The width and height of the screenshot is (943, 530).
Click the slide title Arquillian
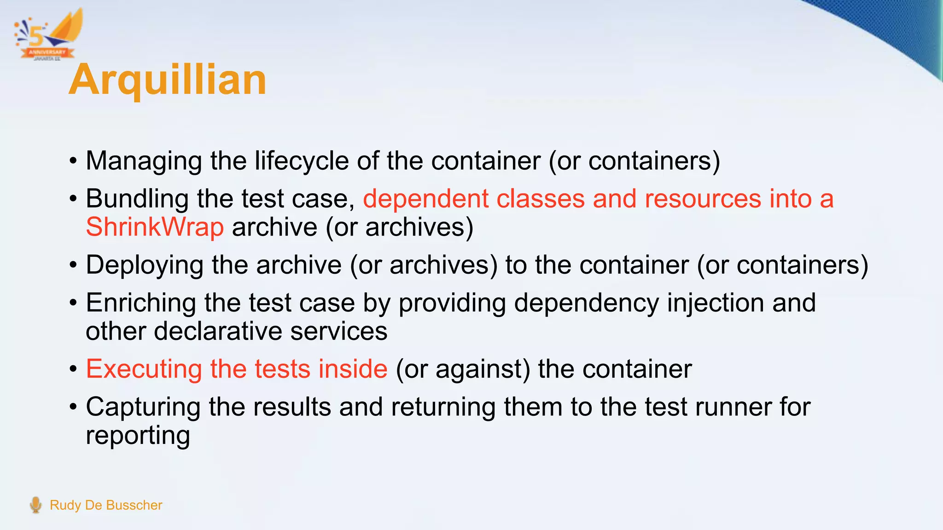[x=168, y=80]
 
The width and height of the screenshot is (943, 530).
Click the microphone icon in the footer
[x=35, y=505]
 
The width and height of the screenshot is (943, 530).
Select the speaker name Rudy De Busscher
[x=106, y=505]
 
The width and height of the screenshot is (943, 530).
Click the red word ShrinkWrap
[x=155, y=227]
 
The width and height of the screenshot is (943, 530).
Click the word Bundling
[x=137, y=199]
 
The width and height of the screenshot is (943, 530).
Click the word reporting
[x=138, y=436]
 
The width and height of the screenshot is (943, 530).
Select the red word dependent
[x=425, y=199]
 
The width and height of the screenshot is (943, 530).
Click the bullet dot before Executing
[x=73, y=369]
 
